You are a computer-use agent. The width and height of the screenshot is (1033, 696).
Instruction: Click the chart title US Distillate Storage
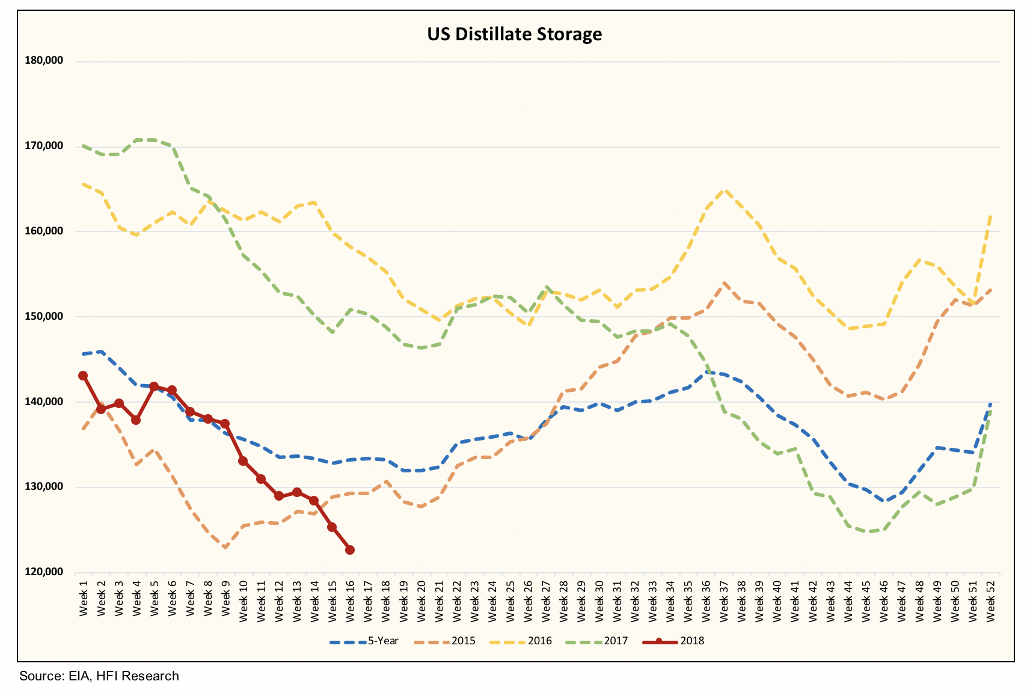[514, 34]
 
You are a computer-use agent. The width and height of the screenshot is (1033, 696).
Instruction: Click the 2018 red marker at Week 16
[349, 550]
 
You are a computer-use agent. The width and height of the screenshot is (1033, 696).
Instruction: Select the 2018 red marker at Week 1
[83, 376]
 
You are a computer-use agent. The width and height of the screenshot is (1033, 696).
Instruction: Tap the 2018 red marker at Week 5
[154, 386]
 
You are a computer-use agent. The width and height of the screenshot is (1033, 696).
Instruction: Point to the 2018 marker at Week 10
[243, 461]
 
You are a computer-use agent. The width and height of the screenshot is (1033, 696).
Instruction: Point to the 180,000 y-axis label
[43, 61]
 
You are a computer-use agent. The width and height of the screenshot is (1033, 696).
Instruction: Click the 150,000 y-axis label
[43, 316]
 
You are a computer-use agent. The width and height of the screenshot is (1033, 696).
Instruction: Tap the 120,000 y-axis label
[43, 572]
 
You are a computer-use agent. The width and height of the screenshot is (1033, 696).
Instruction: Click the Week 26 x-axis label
[528, 597]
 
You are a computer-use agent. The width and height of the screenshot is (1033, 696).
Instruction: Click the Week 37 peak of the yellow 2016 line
[725, 191]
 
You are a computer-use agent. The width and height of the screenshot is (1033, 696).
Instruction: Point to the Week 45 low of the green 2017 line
[866, 532]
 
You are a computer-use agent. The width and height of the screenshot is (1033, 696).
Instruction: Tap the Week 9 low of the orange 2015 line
[225, 548]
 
